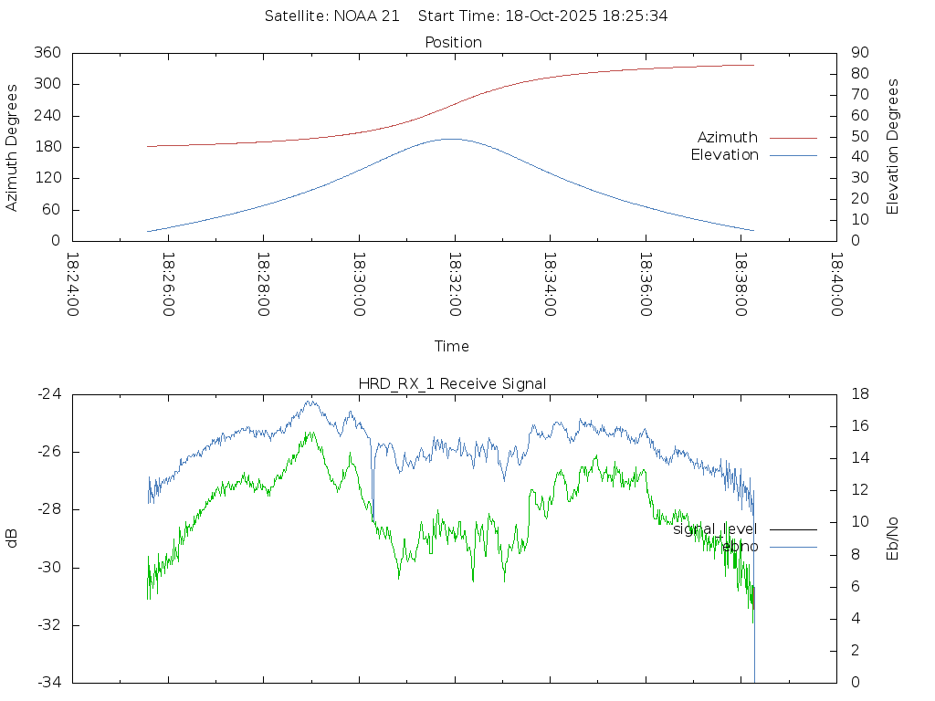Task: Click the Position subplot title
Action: (x=453, y=42)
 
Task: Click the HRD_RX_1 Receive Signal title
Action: (x=453, y=383)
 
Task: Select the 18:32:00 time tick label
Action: (x=455, y=284)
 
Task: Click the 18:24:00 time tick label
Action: (x=74, y=284)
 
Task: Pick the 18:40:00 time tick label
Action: (x=835, y=284)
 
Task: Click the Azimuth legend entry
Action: (x=728, y=138)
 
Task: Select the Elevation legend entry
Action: (x=724, y=155)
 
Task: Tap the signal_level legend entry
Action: (x=715, y=528)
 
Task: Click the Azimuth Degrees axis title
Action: (x=13, y=147)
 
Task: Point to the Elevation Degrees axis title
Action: (x=893, y=147)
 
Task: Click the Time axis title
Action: (x=452, y=346)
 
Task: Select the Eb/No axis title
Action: (x=893, y=539)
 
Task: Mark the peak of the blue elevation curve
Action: (x=450, y=139)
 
